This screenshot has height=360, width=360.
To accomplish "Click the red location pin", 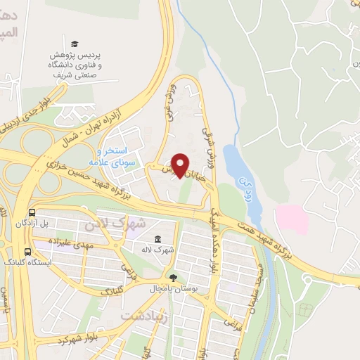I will pyautogui.click(x=181, y=165).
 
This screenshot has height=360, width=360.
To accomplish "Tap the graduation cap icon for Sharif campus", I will pyautogui.click(x=75, y=44).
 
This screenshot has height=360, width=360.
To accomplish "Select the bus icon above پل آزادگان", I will pyautogui.click(x=32, y=212).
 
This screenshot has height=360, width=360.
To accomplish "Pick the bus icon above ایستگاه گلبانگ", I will pyautogui.click(x=27, y=251).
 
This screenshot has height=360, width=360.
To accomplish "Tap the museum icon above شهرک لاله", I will pyautogui.click(x=157, y=240).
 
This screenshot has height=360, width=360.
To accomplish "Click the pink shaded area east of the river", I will pyautogui.click(x=292, y=219).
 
